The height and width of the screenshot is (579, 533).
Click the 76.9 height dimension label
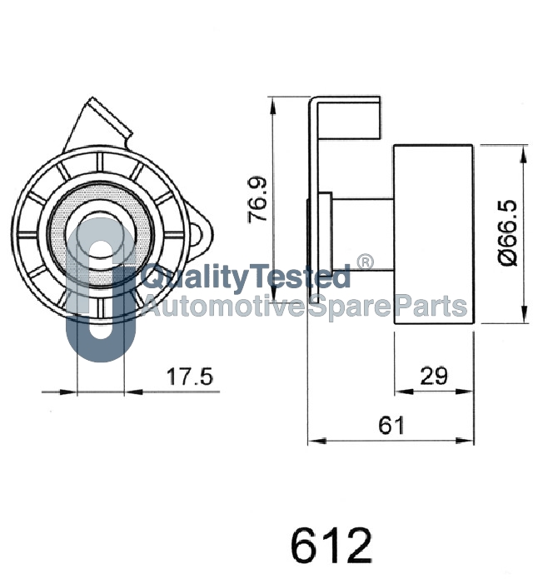[x=257, y=200]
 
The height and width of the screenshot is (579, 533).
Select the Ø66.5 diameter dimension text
[x=508, y=232]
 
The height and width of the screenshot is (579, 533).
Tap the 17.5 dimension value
[x=190, y=377]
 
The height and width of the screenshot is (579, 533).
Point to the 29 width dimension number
[x=434, y=376]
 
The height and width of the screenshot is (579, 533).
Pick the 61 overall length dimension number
[x=391, y=425]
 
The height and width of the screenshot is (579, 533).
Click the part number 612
[x=331, y=545]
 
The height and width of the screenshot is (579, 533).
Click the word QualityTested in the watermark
[x=246, y=277]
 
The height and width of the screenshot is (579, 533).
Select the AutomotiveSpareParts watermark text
[x=305, y=306]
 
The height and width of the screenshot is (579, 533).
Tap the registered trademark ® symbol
[x=365, y=262]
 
